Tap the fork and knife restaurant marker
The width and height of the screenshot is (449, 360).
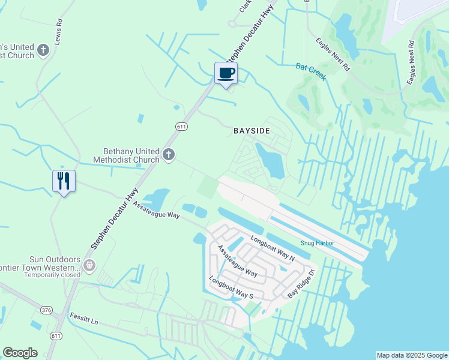pyautogui.click(x=64, y=180)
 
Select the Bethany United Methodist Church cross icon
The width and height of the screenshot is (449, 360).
pyautogui.click(x=169, y=155)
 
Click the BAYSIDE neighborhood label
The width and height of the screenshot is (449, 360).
pyautogui.click(x=252, y=130)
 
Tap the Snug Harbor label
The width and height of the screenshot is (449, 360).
pyautogui.click(x=317, y=243)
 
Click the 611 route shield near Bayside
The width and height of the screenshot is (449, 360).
pyautogui.click(x=182, y=126)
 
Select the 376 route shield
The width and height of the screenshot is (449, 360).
pyautogui.click(x=47, y=310)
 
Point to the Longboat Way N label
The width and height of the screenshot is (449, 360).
pyautogui.click(x=273, y=248)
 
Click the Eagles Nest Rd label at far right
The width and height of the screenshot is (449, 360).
pyautogui.click(x=411, y=62)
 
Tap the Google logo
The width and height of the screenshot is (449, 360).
pyautogui.click(x=20, y=353)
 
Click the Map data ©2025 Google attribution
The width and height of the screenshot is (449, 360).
pyautogui.click(x=412, y=355)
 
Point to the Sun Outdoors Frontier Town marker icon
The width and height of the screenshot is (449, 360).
pyautogui.click(x=89, y=265)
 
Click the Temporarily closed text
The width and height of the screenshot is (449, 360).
pyautogui.click(x=52, y=275)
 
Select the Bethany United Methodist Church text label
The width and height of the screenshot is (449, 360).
pyautogui.click(x=126, y=155)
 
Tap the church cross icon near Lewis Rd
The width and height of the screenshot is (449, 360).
pyautogui.click(x=43, y=50)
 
